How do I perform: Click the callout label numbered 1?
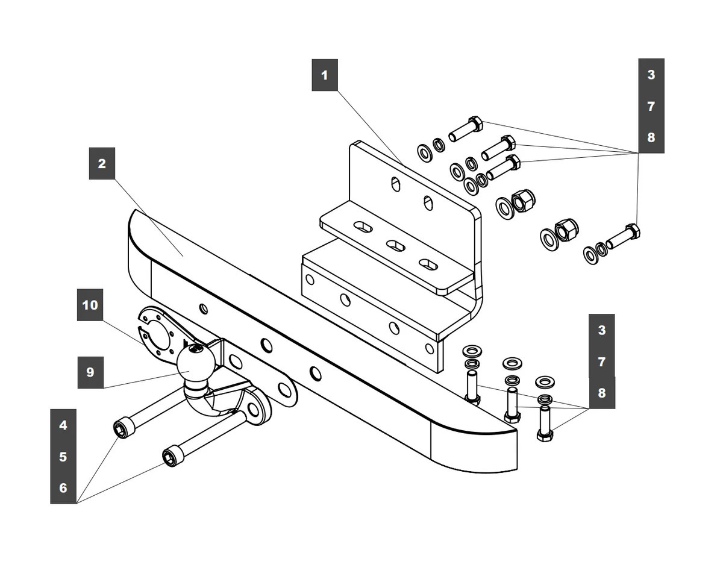[325, 75]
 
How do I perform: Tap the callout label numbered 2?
[102, 163]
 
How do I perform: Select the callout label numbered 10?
[90, 305]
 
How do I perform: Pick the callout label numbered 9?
[90, 372]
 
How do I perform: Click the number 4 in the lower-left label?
[63, 425]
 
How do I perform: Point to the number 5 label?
[63, 457]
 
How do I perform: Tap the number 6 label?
[63, 488]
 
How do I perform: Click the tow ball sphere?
[196, 363]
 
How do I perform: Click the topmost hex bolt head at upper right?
[475, 124]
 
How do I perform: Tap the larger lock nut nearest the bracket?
[523, 199]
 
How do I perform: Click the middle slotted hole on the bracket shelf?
[395, 245]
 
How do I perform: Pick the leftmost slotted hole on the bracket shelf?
[363, 227]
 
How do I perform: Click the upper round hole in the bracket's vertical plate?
[395, 184]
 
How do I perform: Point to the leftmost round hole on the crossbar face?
[203, 308]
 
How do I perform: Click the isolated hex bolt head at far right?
[633, 231]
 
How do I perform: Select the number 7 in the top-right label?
[651, 107]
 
